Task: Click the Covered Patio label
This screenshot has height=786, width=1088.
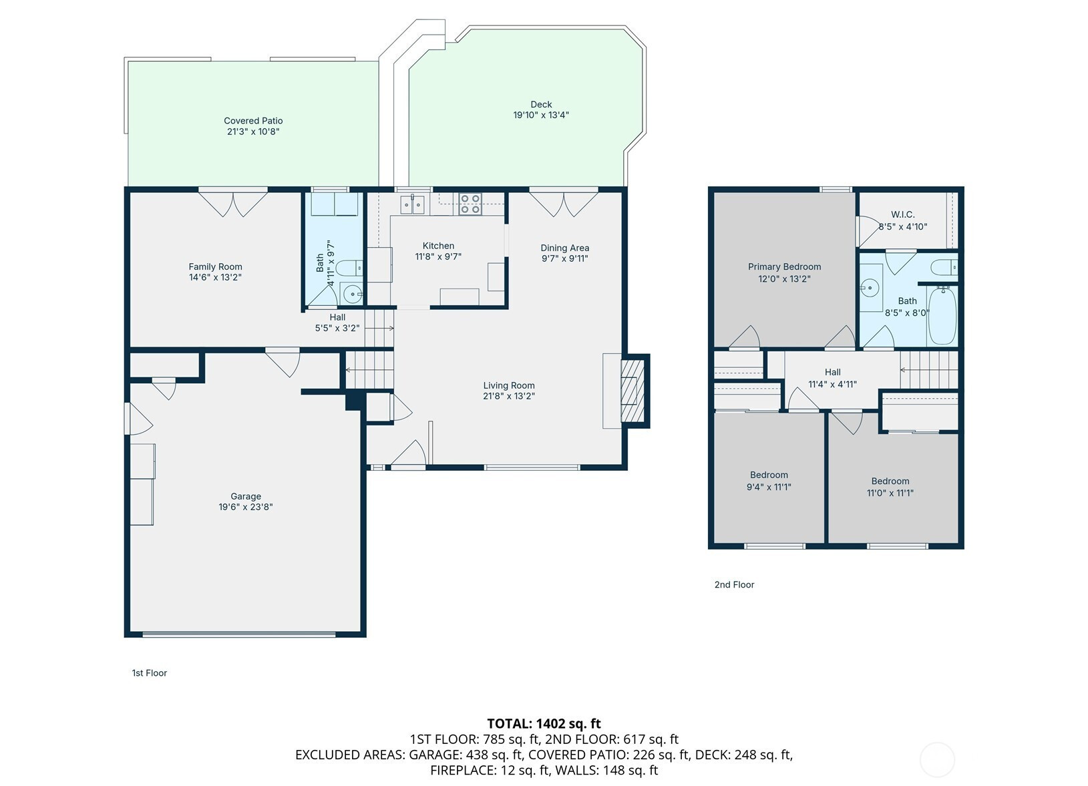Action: (253, 120)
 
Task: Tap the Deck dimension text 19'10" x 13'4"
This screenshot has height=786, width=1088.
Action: (541, 115)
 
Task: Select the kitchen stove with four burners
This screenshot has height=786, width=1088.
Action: (470, 204)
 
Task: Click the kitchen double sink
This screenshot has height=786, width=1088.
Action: (412, 204)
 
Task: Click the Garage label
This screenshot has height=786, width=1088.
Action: (246, 496)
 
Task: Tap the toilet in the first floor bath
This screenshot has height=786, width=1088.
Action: (349, 267)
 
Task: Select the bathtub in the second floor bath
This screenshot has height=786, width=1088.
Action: (942, 315)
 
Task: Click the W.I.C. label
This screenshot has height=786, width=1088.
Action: (903, 214)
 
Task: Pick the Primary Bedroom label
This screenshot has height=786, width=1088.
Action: (784, 266)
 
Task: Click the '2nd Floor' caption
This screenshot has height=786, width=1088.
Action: (734, 584)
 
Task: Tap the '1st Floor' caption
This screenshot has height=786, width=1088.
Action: (149, 673)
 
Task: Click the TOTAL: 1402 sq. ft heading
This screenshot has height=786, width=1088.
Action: (544, 723)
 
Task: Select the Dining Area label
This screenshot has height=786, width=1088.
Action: (565, 248)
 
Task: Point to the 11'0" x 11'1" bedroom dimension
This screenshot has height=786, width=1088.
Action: (890, 493)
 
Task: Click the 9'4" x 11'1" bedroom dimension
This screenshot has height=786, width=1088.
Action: (769, 487)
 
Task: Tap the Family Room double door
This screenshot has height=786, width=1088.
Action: (233, 203)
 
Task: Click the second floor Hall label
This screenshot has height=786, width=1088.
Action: (832, 372)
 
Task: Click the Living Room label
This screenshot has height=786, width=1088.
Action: (508, 385)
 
